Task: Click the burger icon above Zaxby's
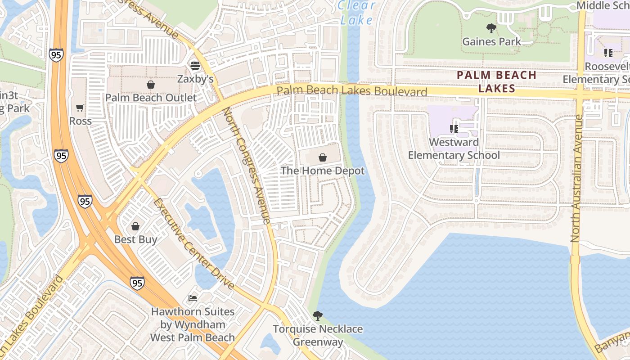(x=195, y=66)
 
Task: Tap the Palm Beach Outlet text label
(x=151, y=98)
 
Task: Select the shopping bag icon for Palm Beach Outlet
(x=151, y=85)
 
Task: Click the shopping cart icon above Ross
(x=80, y=108)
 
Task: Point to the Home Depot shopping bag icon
(x=322, y=157)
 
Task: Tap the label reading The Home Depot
(x=322, y=171)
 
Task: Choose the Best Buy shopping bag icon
(x=135, y=226)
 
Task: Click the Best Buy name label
(x=135, y=239)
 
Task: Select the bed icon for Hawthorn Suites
(x=193, y=298)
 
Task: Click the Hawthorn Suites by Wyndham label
(x=193, y=324)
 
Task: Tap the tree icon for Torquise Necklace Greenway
(x=318, y=316)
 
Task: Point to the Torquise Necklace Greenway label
(x=318, y=335)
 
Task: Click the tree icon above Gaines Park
(x=491, y=28)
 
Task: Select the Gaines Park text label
(x=491, y=42)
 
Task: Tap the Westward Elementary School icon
(x=454, y=129)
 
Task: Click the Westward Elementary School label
(x=454, y=149)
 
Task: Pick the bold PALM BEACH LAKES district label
(x=497, y=81)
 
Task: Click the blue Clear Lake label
(x=356, y=13)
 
